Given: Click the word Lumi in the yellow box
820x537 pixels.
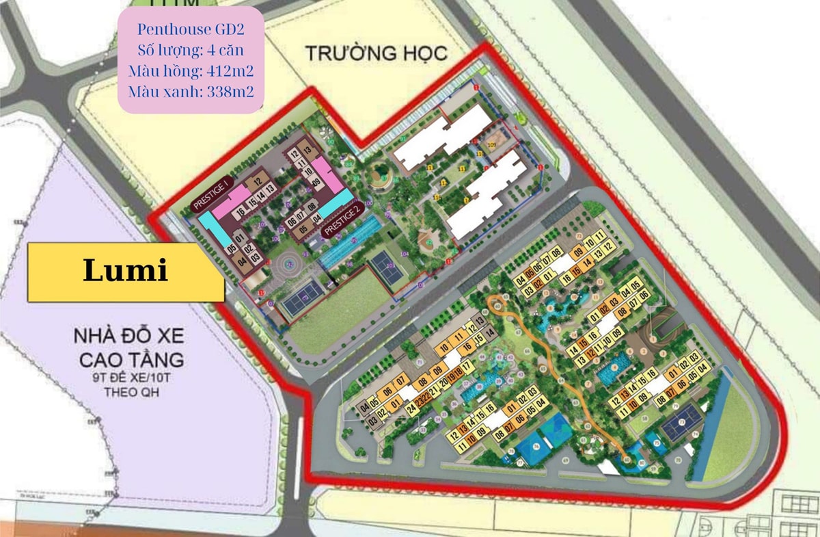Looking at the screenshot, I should pyautogui.click(x=125, y=271).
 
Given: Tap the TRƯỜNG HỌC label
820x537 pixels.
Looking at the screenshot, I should pyautogui.click(x=376, y=53).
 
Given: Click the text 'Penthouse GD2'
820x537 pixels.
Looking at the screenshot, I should pyautogui.click(x=191, y=29).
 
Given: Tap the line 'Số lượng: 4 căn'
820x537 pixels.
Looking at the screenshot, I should pyautogui.click(x=191, y=49).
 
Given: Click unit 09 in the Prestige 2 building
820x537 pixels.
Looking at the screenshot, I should pyautogui.click(x=316, y=181).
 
